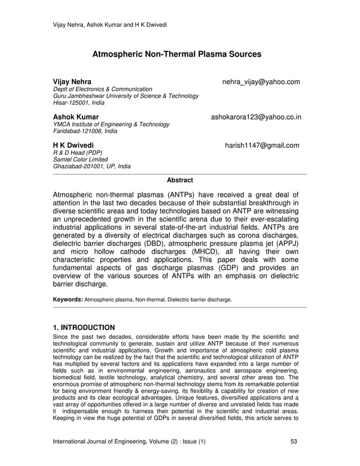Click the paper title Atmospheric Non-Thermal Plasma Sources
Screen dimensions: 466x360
(x=177, y=55)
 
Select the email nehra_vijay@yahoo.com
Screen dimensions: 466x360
(x=261, y=82)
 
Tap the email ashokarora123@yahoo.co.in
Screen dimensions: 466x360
(x=256, y=117)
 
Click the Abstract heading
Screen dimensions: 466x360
(x=180, y=181)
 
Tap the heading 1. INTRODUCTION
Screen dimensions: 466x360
(x=84, y=327)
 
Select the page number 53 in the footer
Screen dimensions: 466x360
(x=293, y=441)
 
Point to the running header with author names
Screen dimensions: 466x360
(x=105, y=24)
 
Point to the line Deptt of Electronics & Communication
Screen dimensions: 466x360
(x=102, y=90)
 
